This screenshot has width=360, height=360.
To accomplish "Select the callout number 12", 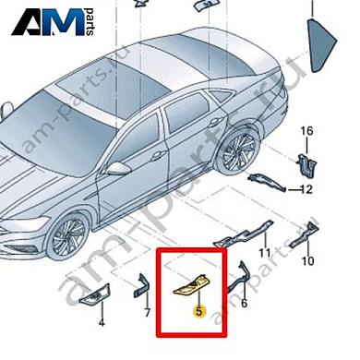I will pos(308,190).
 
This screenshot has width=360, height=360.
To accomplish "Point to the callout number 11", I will pos(264,251).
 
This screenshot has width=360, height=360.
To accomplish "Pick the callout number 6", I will pos(244,302).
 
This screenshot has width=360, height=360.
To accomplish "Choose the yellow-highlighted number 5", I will pos(198,311).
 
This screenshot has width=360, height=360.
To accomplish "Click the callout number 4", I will pos(102,324).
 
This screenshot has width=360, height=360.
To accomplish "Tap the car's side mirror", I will pos(121,168).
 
